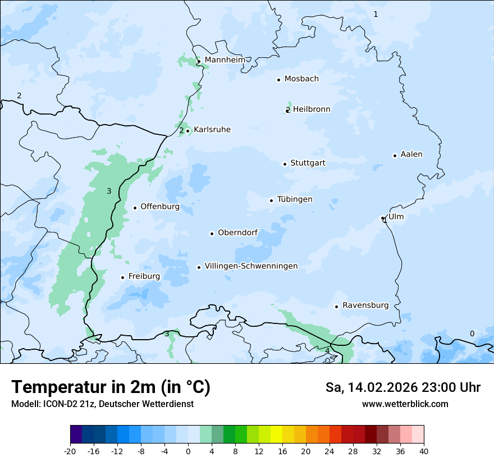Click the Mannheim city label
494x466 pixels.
tap(225, 60)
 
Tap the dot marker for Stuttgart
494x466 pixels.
tap(285, 164)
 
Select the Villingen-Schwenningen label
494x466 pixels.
tap(251, 266)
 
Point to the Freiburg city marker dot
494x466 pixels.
tap(122, 277)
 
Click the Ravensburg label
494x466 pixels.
tap(365, 305)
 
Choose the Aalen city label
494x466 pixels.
tap(411, 154)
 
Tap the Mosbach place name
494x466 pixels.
tap(301, 79)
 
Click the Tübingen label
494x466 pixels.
tap(295, 199)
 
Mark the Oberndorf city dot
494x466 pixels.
tap(212, 234)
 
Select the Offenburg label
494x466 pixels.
tap(160, 207)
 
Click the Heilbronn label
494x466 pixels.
tap(312, 109)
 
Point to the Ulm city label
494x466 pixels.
tap(396, 217)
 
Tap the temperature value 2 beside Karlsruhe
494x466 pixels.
tap(181, 131)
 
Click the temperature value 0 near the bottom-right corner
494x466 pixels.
tap(472, 333)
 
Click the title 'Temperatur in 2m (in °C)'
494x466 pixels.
tap(111, 387)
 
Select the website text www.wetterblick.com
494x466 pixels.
tap(405, 404)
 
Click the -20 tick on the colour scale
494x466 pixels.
tap(70, 451)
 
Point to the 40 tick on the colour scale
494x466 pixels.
tap(424, 451)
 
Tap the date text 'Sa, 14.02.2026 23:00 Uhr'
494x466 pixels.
tap(402, 387)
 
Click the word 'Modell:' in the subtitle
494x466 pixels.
tap(25, 404)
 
